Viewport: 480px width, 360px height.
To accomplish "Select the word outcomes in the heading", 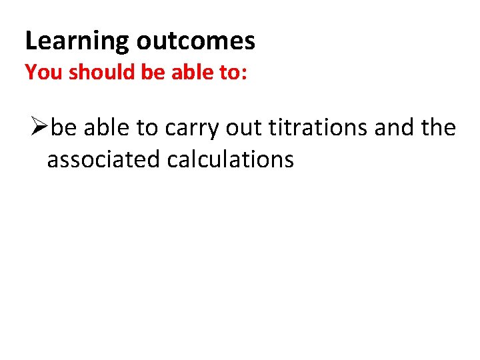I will [x=195, y=41].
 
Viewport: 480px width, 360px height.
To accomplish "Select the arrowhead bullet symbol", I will [x=39, y=126].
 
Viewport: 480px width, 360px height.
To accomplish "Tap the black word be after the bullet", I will [x=64, y=127].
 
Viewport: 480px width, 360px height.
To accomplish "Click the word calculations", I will [x=230, y=160].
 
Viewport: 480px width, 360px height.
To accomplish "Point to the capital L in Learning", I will [x=31, y=41].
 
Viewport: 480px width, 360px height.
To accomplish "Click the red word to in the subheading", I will [x=230, y=73].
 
